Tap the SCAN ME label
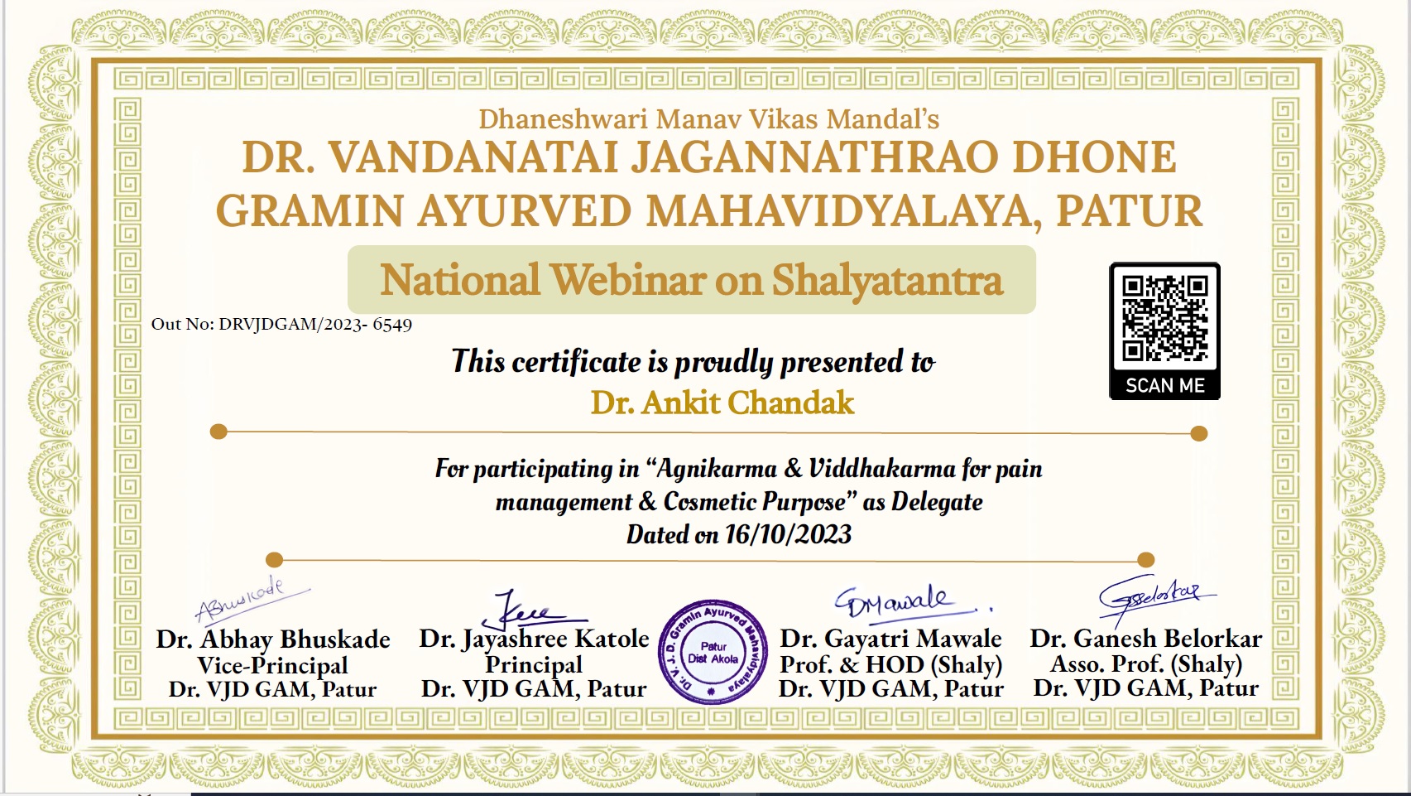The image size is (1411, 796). tap(1164, 385)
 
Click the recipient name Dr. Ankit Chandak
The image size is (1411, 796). tap(722, 403)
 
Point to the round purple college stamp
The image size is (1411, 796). tap(713, 652)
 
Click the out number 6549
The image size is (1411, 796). tap(391, 325)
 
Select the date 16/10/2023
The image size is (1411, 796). tap(788, 534)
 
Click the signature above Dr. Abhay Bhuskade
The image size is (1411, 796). tap(251, 598)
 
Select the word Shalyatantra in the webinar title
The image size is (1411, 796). tap(887, 281)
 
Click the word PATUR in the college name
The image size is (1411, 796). tap(1130, 211)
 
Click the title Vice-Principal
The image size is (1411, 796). tap(273, 665)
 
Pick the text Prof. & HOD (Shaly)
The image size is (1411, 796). tap(890, 664)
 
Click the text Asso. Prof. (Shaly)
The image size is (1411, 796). tap(1146, 663)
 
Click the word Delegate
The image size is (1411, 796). tap(937, 502)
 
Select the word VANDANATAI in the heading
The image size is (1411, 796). tap(473, 157)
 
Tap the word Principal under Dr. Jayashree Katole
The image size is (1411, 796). tap(534, 665)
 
